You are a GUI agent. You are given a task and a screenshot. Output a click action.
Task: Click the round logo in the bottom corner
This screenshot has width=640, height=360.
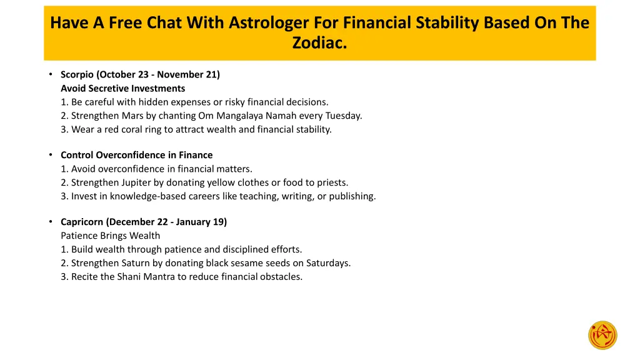pos(602,335)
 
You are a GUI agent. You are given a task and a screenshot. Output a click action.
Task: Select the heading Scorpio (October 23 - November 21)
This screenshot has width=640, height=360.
pos(140,74)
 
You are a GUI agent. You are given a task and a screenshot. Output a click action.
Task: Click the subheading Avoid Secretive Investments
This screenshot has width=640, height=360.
pos(122,88)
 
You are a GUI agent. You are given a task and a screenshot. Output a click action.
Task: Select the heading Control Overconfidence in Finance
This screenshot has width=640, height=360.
pos(136,155)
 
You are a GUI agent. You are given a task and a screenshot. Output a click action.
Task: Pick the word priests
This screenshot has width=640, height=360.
pos(331,182)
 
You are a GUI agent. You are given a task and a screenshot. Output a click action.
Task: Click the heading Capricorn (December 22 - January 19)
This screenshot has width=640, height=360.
pos(144,222)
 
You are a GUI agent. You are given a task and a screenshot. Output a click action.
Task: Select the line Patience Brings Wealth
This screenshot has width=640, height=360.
pos(110,236)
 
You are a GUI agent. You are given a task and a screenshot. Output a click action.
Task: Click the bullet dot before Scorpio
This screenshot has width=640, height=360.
pos(50,74)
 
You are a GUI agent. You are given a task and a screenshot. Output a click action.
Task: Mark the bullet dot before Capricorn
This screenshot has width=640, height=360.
pos(50,222)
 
